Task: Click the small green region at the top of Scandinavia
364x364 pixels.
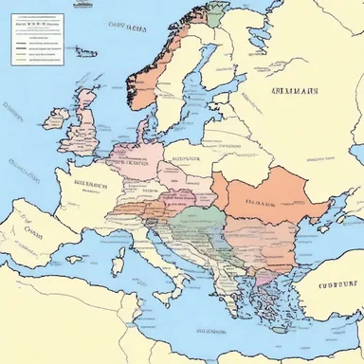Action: coord(217,15)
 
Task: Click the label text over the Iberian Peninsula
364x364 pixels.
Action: coord(32,231)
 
